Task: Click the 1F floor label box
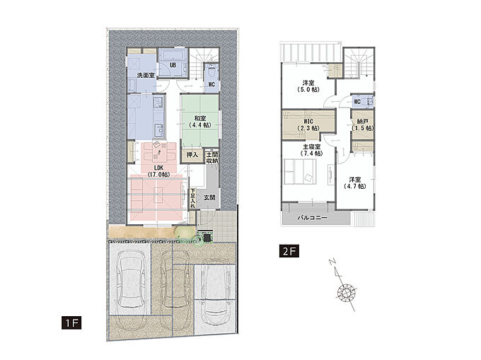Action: pos(71,323)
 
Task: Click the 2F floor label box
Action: pos(289,251)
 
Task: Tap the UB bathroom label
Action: pos(173,65)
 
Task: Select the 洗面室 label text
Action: pos(146,75)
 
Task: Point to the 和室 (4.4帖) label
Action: pos(200,122)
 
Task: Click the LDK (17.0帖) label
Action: pos(158,171)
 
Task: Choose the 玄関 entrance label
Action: pos(209,197)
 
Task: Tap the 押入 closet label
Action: pos(192,155)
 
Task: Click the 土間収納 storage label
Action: pos(212,158)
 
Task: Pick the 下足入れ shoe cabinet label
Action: pos(192,199)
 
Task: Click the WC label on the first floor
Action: pos(211,84)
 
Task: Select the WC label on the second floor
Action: pos(357,102)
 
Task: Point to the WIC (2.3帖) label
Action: pos(308,124)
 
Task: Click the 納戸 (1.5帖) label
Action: pos(363,124)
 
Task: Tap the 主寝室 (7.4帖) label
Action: pos(312,150)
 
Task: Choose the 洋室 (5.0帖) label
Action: pos(308,86)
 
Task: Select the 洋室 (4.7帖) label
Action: pos(354,182)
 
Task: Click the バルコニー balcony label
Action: pos(312,218)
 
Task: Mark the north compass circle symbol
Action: pos(347,291)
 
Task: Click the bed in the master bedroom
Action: pos(300,172)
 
